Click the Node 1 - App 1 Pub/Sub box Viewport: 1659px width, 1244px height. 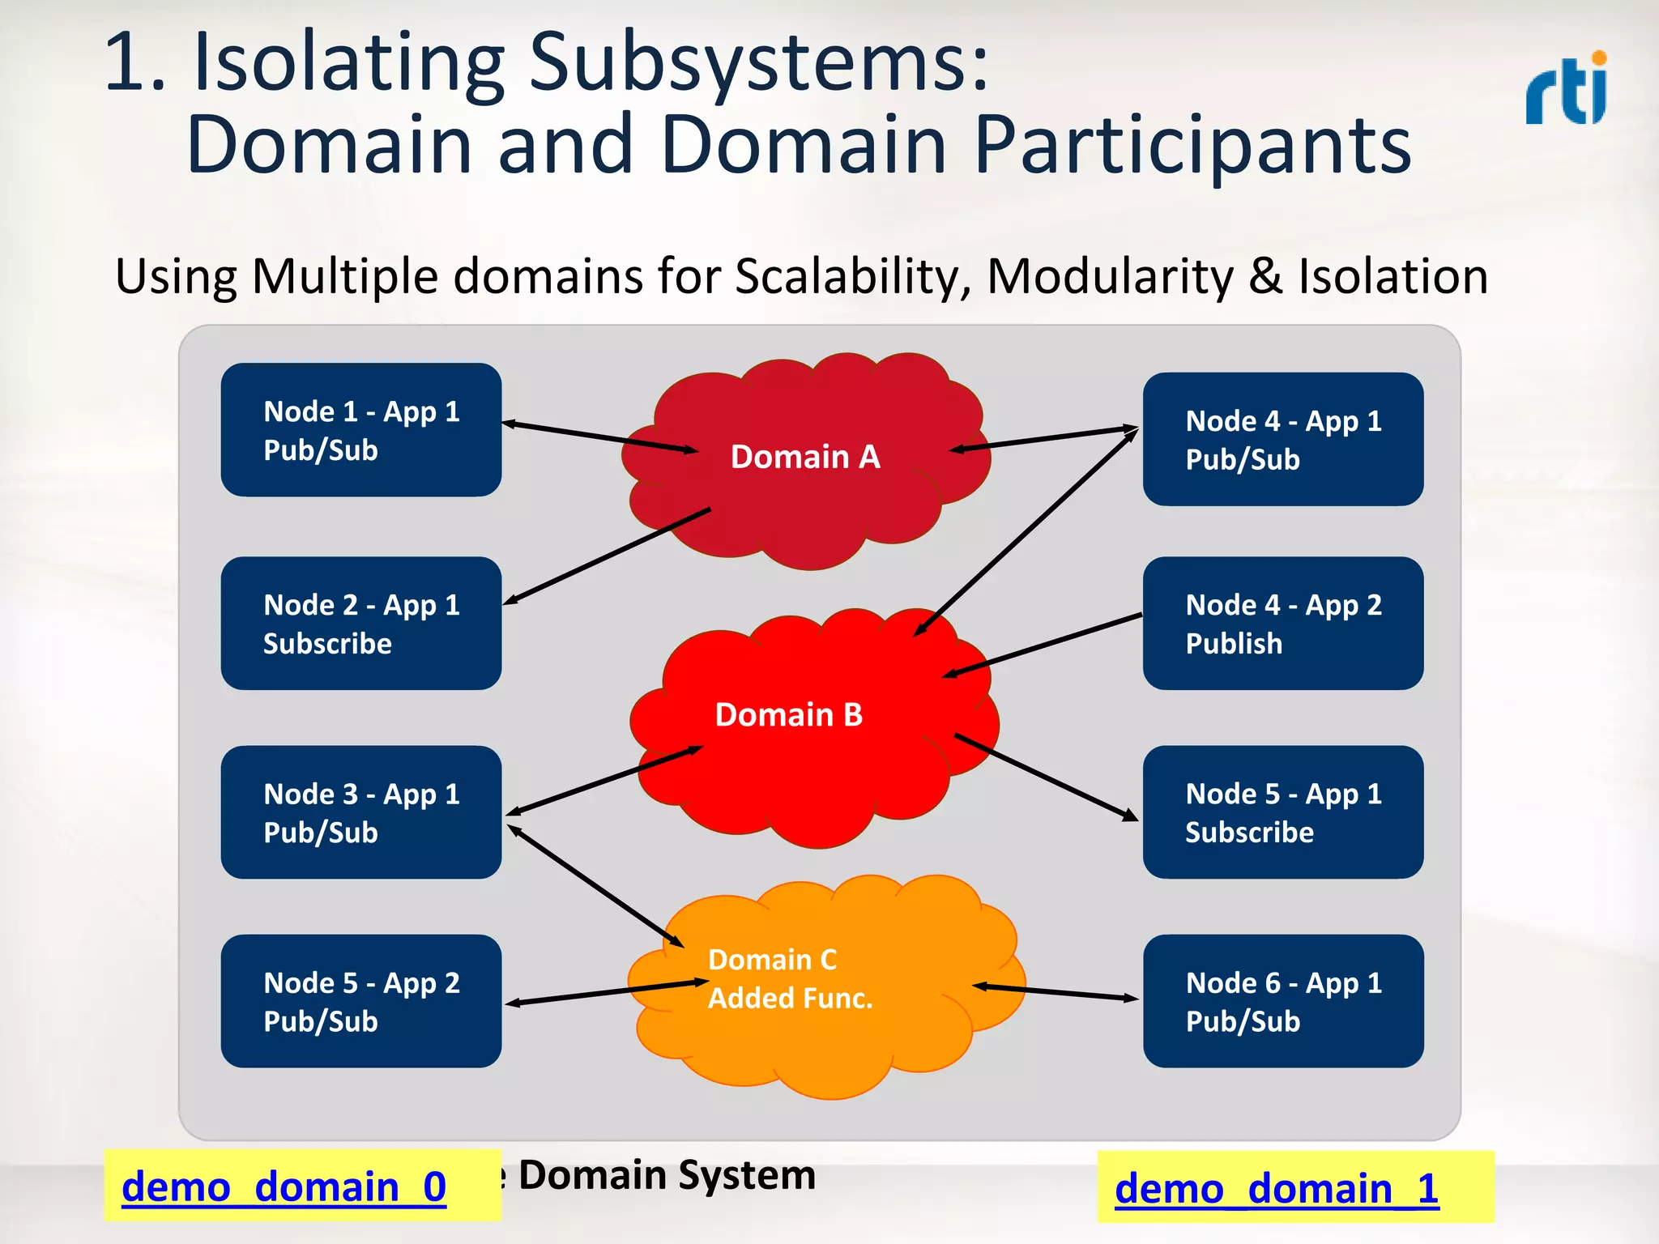coord(360,430)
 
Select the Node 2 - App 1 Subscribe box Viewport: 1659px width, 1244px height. coord(360,624)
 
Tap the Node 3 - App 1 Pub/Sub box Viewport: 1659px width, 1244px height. coord(360,812)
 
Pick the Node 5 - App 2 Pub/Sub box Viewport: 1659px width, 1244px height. coord(360,1001)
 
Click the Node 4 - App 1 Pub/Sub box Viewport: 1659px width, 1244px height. coord(1282,440)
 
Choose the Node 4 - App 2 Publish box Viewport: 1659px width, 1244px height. coord(1282,624)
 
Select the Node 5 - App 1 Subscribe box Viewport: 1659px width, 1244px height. coord(1282,812)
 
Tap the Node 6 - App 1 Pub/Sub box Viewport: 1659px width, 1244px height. coord(1282,1001)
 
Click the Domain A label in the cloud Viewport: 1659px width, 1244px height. coord(804,457)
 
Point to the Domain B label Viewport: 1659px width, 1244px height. coord(788,714)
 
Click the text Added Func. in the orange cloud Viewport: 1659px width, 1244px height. coord(790,998)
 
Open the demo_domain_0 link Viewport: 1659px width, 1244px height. coord(284,1186)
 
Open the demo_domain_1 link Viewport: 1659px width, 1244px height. coord(1276,1189)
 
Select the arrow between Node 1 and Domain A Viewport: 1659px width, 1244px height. coord(599,437)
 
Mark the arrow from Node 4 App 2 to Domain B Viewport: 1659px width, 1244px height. coord(1043,645)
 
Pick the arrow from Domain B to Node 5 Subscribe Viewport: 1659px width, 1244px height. coord(1046,777)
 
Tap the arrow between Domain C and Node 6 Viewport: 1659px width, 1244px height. coord(1056,992)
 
